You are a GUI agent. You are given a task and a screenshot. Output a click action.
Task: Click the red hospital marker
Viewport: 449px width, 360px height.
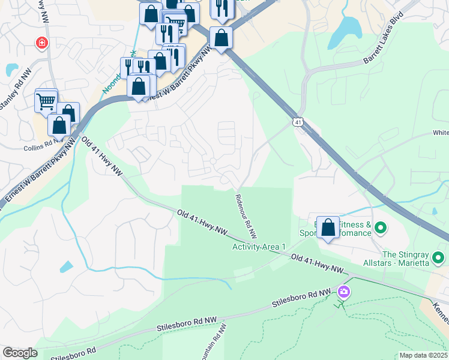point(41,43)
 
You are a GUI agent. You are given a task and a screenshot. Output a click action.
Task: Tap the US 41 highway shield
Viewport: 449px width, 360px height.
point(298,122)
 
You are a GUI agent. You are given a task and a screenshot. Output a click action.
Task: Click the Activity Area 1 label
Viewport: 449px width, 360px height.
point(259,247)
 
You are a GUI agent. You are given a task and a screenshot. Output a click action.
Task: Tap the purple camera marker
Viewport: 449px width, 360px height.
point(344,292)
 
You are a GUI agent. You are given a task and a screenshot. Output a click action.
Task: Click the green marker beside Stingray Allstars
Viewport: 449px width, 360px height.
point(438,259)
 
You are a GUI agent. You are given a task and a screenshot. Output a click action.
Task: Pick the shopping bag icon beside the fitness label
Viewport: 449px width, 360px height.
point(328,227)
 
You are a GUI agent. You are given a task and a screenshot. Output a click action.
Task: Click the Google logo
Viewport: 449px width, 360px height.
point(20,353)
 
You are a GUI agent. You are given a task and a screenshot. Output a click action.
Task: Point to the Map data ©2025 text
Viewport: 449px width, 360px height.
point(423,355)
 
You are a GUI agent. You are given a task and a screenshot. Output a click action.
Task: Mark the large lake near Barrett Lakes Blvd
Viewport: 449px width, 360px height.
point(348,26)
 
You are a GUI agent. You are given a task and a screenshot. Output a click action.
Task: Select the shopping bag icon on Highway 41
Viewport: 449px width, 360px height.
point(221,39)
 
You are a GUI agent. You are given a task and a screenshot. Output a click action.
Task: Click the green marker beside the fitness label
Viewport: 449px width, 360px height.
point(379,228)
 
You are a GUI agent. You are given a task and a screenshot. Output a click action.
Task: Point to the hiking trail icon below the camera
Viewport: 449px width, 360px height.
point(340,304)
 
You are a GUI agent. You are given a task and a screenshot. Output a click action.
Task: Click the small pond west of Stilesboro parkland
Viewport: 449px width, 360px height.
point(67,267)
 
